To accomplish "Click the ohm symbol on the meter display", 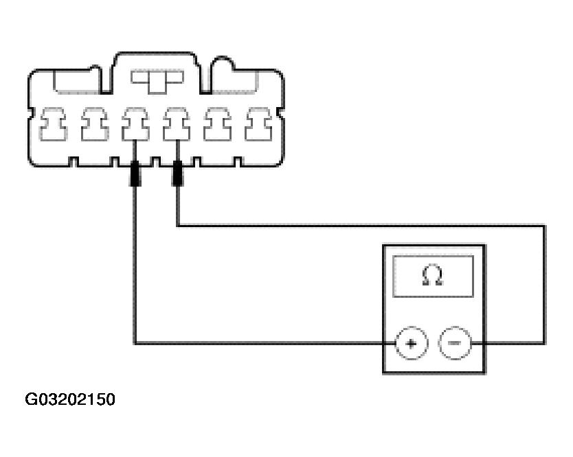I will click(x=433, y=276).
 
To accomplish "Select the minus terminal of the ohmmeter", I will click(x=454, y=342).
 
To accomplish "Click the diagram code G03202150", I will click(x=71, y=399).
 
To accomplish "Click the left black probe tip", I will click(x=135, y=174).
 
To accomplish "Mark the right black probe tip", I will click(x=177, y=174).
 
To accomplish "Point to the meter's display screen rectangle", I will click(x=433, y=277).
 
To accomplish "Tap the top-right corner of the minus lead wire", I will click(x=544, y=224).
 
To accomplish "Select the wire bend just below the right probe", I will click(x=177, y=224).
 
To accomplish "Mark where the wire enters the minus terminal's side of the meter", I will click(x=486, y=342).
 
